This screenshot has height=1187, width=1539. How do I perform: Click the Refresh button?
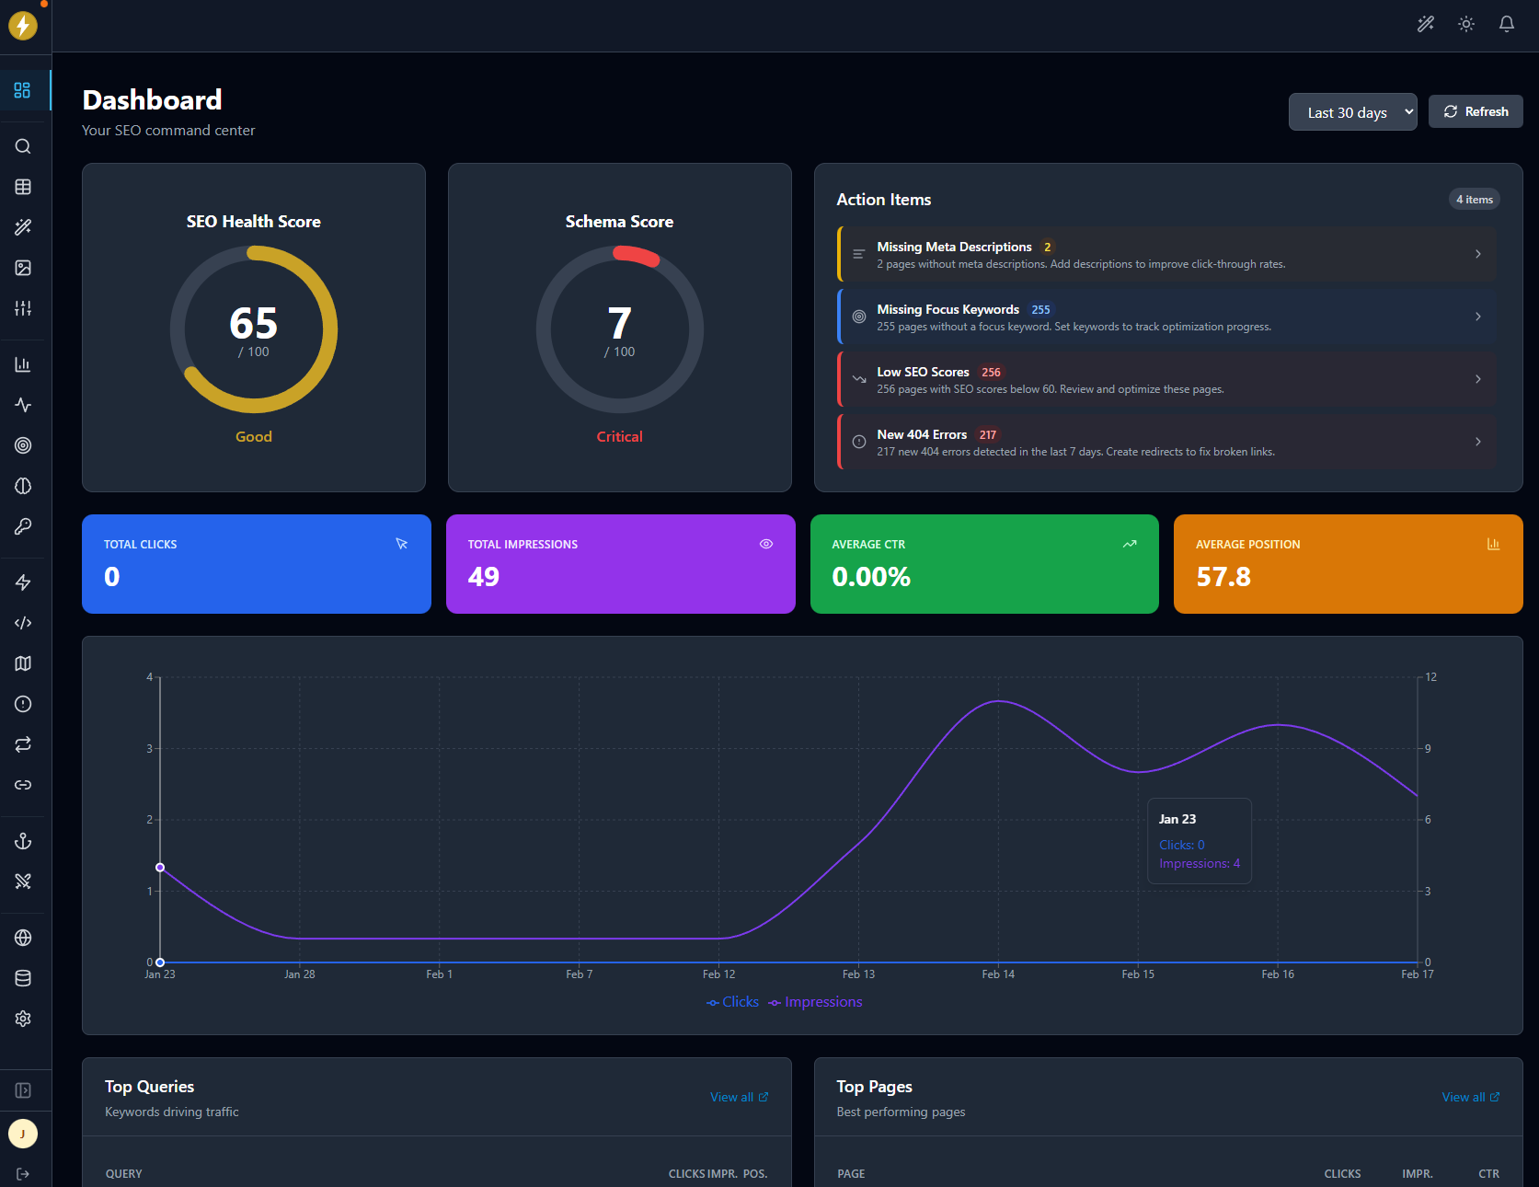pos(1476,111)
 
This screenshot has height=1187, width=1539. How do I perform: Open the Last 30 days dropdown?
pos(1351,112)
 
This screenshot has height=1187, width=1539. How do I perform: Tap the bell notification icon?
pos(1506,24)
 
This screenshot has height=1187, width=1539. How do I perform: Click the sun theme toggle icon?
pos(1465,24)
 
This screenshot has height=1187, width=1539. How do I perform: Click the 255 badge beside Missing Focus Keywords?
pos(1040,310)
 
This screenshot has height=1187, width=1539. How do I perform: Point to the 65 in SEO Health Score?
pos(253,324)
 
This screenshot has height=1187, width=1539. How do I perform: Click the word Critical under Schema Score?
pos(619,436)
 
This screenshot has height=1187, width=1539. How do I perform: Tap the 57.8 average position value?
pos(1223,577)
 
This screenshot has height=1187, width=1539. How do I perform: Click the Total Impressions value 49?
pos(483,577)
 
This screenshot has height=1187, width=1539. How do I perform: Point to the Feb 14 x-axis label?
pos(997,974)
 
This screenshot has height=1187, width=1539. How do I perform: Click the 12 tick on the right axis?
pos(1430,677)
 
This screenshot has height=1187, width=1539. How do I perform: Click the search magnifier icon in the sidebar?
pos(23,146)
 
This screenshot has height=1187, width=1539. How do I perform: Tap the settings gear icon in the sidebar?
pos(23,1019)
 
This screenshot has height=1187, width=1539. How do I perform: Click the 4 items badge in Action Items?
pos(1474,200)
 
